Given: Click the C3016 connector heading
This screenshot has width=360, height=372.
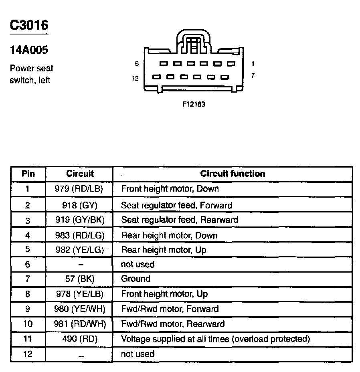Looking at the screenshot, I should tap(29, 26).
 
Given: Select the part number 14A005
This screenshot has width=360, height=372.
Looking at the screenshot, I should tap(29, 50).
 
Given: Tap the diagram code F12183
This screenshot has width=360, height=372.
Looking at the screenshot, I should tap(194, 104).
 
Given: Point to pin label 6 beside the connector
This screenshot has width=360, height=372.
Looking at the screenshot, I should tap(137, 64).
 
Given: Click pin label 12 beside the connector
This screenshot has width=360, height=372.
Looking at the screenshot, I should tap(135, 79).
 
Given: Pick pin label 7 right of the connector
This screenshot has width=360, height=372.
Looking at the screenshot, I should tap(253, 75).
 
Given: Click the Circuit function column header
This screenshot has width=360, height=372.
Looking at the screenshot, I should tap(233, 174).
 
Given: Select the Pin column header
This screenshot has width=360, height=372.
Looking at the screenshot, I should tap(28, 174).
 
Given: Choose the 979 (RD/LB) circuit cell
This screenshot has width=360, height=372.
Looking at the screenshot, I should tap(79, 188).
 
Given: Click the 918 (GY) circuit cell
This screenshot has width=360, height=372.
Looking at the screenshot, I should tap(79, 205).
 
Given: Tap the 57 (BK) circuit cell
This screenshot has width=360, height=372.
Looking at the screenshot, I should tap(79, 279).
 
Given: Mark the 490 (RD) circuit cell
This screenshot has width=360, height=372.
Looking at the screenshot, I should tap(79, 339).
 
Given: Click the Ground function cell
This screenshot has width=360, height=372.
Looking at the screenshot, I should tap(136, 279).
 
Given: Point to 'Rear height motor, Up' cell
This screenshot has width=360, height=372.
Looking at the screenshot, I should tap(164, 250).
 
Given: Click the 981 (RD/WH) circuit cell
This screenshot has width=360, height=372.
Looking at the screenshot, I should tap(79, 324).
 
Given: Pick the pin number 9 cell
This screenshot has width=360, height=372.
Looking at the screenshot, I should tap(28, 309).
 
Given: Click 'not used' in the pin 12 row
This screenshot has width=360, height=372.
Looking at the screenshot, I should tap(138, 354).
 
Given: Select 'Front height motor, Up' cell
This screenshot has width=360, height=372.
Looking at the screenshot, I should tap(164, 294).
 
